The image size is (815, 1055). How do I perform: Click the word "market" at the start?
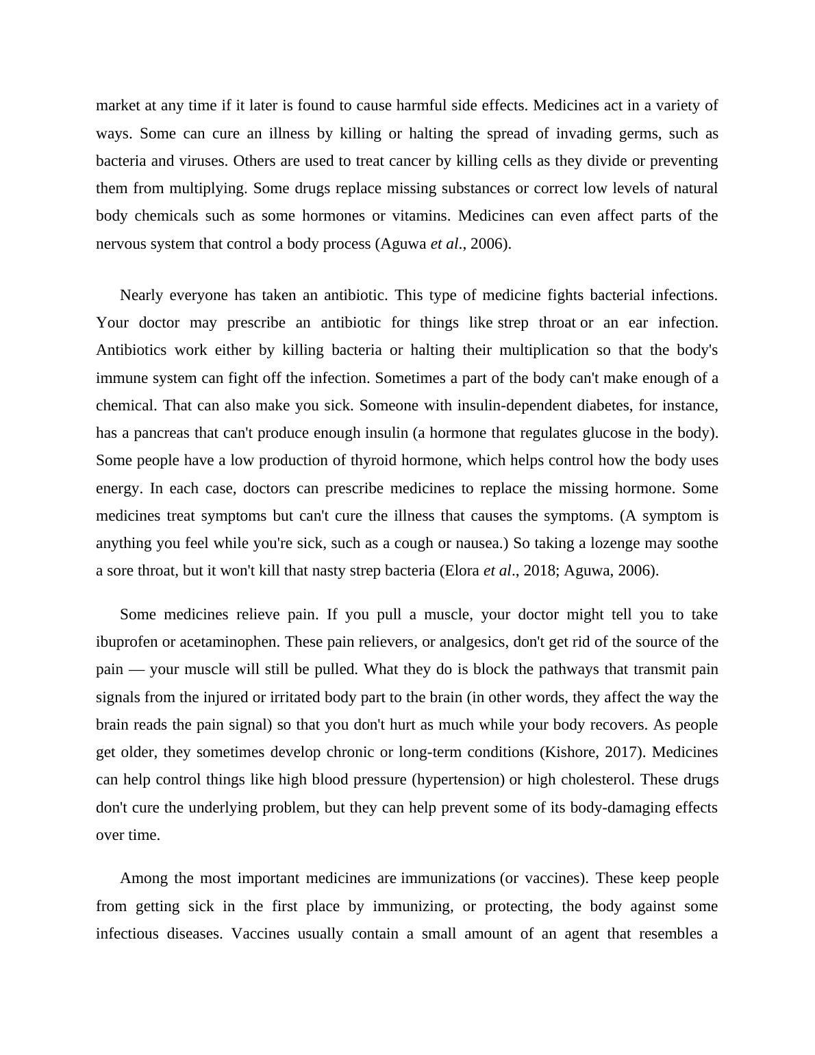[118, 105]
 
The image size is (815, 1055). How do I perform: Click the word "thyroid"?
[373, 460]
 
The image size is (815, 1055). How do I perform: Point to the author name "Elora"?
[461, 571]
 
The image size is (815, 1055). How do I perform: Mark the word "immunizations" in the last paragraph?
[448, 878]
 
